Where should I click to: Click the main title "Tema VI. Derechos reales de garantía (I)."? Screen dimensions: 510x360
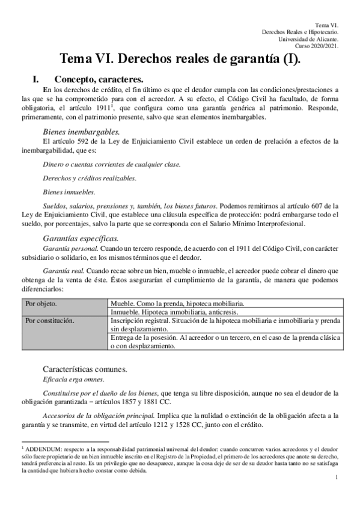click(180, 59)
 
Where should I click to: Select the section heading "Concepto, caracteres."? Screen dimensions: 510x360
click(99, 78)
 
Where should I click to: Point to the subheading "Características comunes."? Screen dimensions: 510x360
click(90, 367)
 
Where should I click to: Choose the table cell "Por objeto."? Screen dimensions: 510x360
click(41, 304)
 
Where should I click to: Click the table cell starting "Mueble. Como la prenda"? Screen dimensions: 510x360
click(177, 304)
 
